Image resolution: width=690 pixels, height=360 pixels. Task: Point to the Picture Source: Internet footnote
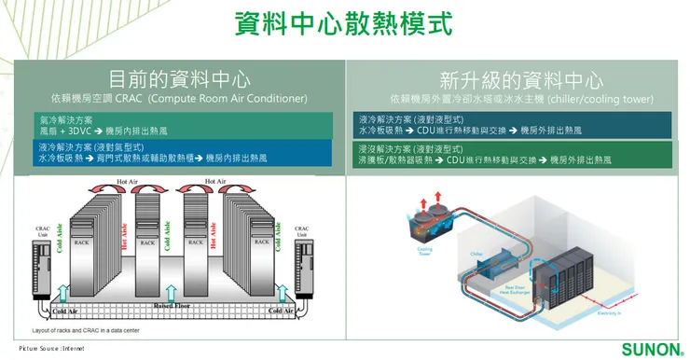[51, 348]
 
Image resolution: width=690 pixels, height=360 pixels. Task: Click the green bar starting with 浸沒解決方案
[516, 154]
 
